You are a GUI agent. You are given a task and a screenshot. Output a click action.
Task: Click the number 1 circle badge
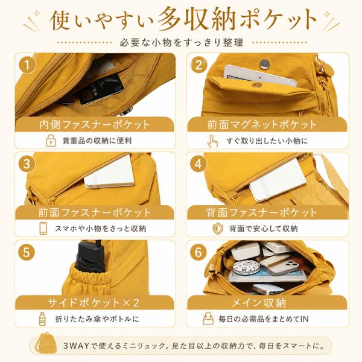[x=27, y=65]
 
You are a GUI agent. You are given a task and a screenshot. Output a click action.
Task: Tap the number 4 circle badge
[x=198, y=164]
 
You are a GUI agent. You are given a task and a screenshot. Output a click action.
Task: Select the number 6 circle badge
[x=198, y=252]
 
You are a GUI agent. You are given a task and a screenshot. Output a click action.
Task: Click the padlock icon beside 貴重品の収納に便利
[x=51, y=141]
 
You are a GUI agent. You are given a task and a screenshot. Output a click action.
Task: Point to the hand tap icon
[x=212, y=141]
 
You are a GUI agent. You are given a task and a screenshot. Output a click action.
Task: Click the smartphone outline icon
[x=43, y=228]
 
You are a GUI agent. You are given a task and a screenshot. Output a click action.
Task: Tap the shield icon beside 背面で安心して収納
[x=218, y=229]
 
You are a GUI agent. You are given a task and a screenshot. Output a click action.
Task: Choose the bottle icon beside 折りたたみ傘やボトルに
[x=42, y=319]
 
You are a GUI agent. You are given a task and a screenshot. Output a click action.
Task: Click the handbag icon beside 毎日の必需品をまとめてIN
[x=208, y=319]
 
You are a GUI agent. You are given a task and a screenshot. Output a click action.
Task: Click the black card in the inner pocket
[x=101, y=89]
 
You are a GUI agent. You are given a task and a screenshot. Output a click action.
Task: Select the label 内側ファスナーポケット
[x=95, y=125]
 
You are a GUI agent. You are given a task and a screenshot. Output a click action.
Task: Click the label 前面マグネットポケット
[x=262, y=125]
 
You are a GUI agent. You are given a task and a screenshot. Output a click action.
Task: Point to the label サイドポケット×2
[x=94, y=302]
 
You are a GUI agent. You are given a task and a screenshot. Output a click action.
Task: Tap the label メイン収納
[x=259, y=303]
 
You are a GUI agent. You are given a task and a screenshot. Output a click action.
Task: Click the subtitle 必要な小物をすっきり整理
[x=182, y=42]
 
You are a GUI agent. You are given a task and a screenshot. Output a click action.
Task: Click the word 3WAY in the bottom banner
[x=77, y=346]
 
